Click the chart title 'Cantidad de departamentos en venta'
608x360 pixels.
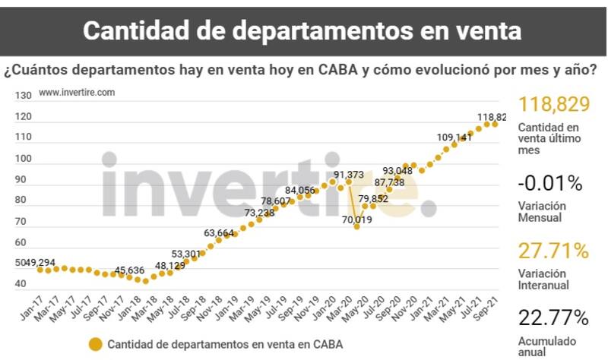302,30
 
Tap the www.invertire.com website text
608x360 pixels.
77,92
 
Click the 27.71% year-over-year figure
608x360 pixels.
553,251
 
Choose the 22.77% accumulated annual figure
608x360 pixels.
553,317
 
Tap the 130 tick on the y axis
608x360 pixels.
23,96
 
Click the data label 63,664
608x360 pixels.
220,233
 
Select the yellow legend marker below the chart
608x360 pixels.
95,345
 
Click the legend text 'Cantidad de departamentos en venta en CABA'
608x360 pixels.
225,345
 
